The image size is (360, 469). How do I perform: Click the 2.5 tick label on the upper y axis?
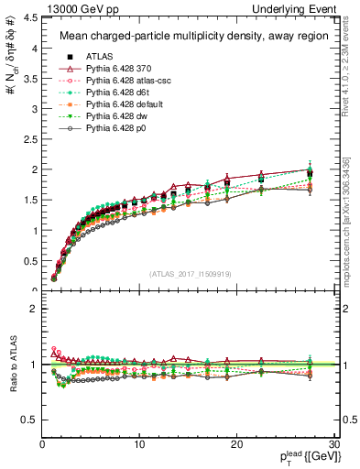tap(28, 139)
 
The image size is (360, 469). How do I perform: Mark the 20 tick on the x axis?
tap(236, 444)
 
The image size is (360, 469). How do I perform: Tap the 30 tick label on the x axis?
tap(333, 444)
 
